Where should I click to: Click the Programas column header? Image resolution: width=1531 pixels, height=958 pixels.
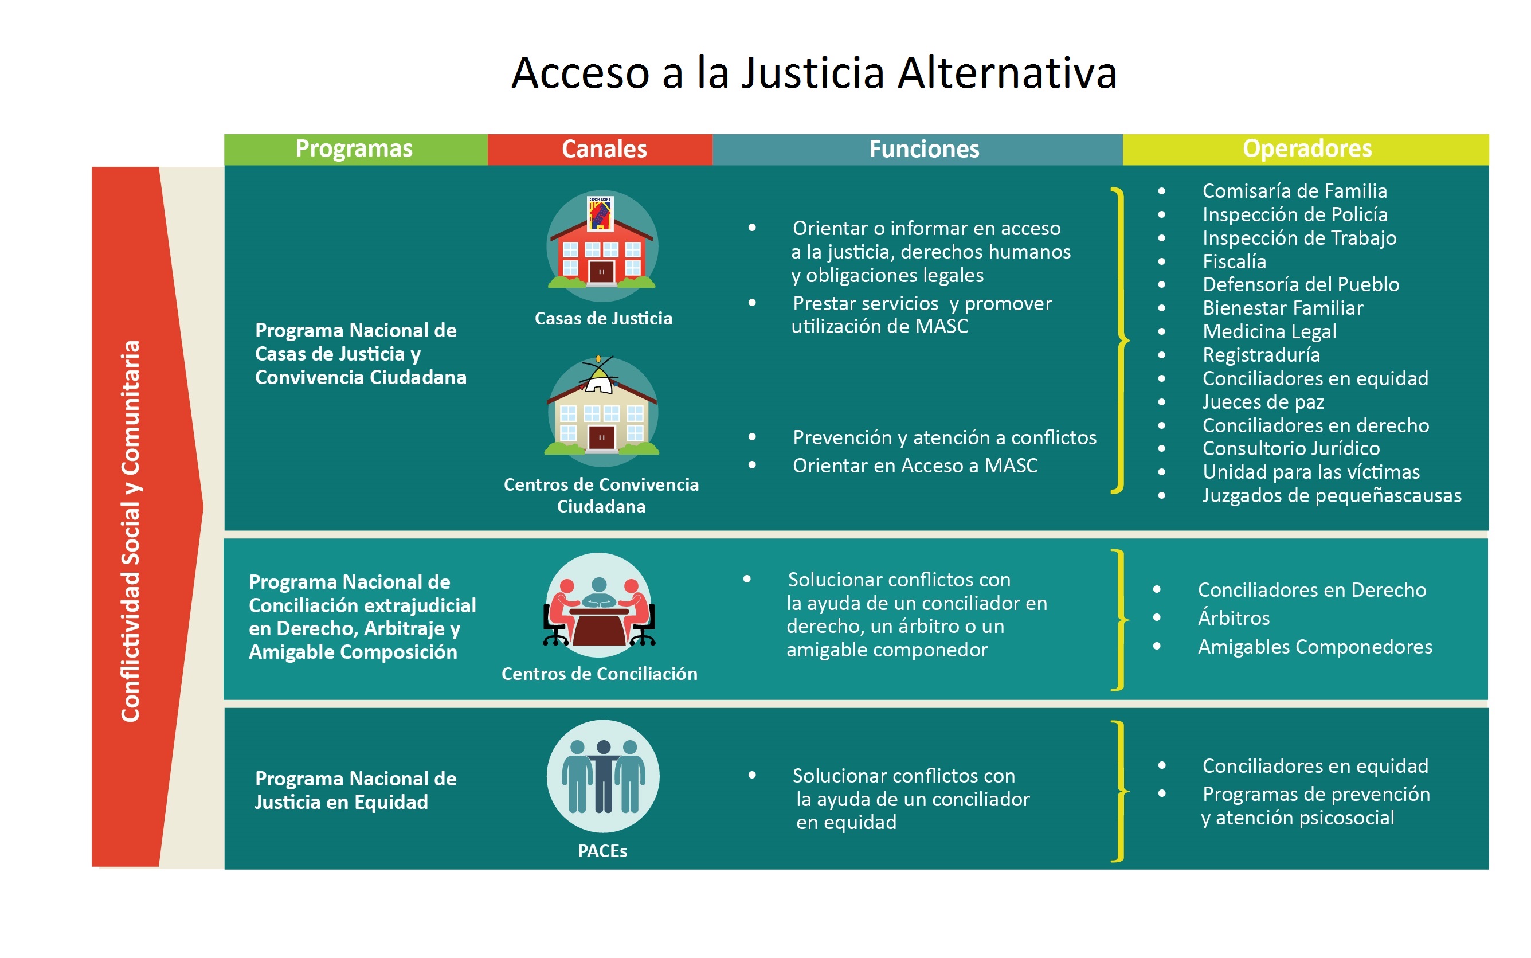click(355, 150)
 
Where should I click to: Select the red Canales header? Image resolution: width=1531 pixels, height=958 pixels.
click(600, 150)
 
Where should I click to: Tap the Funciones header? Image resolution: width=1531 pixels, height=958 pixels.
click(917, 150)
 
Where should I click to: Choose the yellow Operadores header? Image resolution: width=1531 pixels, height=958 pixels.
click(1306, 150)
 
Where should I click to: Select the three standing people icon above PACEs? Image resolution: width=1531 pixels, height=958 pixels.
click(603, 776)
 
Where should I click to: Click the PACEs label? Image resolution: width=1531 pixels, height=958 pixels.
click(602, 851)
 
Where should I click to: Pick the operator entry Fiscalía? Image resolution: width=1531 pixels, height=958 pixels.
click(1234, 261)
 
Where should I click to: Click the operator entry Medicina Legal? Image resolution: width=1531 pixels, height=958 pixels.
click(1270, 331)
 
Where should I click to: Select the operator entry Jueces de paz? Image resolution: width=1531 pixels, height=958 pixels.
click(1263, 402)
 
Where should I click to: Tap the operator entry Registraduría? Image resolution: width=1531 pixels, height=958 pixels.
click(1261, 355)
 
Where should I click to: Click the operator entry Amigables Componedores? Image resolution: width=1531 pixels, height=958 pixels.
click(1315, 646)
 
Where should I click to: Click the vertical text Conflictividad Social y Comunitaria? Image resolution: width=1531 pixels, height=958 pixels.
click(131, 531)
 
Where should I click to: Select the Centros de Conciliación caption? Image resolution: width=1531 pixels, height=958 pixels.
click(599, 674)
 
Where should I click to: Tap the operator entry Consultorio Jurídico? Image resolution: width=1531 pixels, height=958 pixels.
click(1291, 448)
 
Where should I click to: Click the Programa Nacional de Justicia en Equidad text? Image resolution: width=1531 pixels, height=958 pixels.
click(355, 790)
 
